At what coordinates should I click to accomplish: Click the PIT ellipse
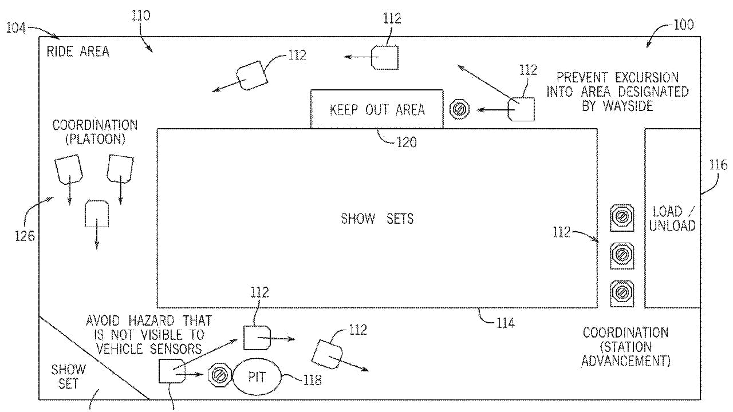[x=257, y=377]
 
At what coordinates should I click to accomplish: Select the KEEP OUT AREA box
[x=377, y=109]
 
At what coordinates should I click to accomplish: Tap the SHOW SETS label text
[x=377, y=219]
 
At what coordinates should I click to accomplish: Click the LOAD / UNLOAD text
[x=672, y=219]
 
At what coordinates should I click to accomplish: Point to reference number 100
[x=683, y=25]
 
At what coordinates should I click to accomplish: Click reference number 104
[x=15, y=27]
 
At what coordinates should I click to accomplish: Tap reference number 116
[x=718, y=165]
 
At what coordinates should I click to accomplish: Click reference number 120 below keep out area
[x=406, y=142]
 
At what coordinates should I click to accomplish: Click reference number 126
[x=25, y=235]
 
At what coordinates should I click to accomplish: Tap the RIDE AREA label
[x=78, y=51]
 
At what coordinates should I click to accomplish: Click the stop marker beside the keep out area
[x=459, y=109]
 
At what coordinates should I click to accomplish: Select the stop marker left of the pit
[x=218, y=374]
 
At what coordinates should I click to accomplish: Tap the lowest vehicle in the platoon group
[x=96, y=214]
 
